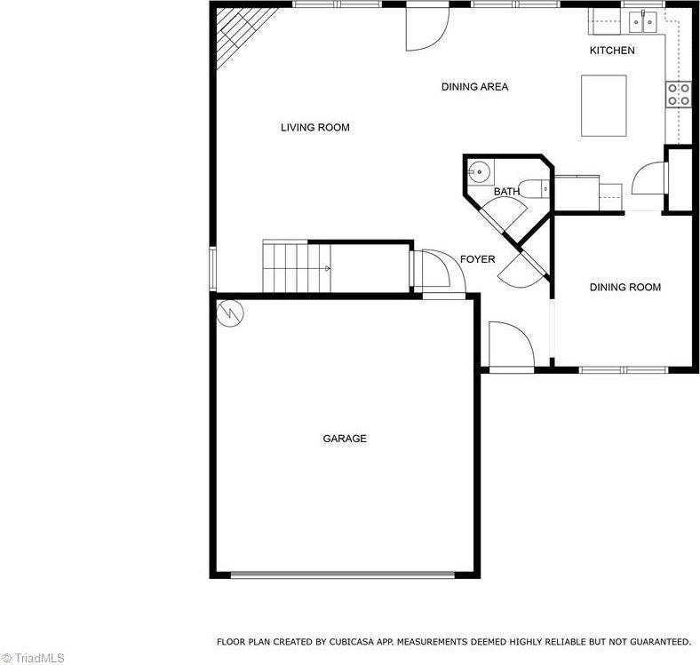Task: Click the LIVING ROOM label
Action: point(315,128)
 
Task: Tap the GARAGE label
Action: point(345,439)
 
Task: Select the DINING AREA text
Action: point(474,87)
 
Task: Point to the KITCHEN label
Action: point(612,51)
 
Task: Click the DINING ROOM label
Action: point(625,288)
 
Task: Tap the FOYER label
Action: point(478,259)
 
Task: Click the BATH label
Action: point(506,192)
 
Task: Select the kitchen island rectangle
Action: point(603,106)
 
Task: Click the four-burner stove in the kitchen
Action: point(678,94)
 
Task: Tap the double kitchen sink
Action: point(643,21)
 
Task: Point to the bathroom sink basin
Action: point(479,171)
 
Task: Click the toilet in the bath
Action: point(536,189)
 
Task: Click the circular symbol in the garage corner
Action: point(230,313)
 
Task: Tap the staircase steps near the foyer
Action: point(297,266)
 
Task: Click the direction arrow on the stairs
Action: point(328,268)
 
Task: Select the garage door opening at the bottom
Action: point(342,574)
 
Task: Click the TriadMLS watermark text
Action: point(33,658)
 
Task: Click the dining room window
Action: point(624,369)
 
